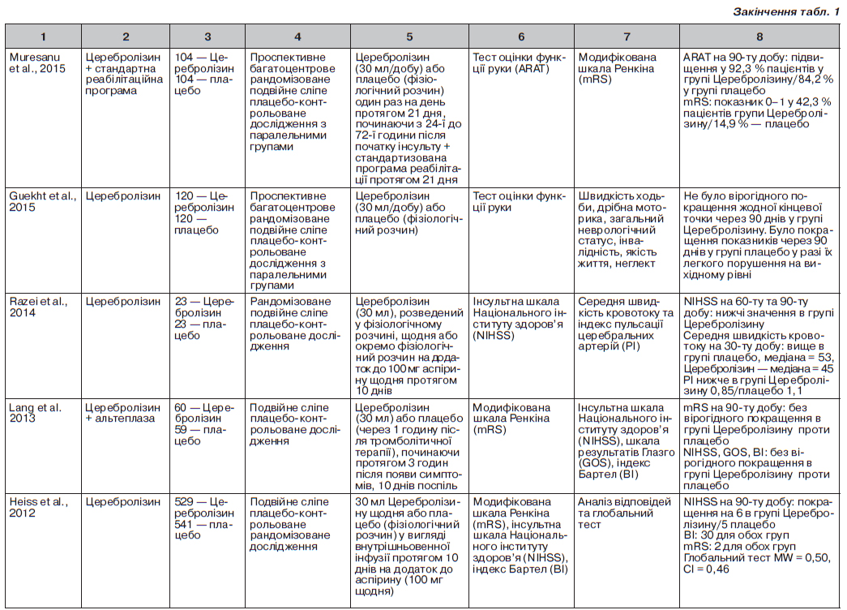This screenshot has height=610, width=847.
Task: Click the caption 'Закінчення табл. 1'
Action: [x=785, y=11]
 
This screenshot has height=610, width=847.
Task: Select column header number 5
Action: [x=409, y=37]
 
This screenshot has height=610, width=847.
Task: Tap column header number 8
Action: [x=759, y=37]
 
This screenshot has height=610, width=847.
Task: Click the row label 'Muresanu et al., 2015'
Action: [x=40, y=62]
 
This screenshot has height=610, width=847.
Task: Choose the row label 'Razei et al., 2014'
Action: [x=39, y=307]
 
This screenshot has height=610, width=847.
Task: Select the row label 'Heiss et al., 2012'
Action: [x=39, y=508]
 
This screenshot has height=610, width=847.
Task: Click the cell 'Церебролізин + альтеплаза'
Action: [x=123, y=413]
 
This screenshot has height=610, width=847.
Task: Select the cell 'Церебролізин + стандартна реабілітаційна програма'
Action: [x=123, y=74]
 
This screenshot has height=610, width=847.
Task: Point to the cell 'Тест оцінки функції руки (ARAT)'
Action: [x=519, y=62]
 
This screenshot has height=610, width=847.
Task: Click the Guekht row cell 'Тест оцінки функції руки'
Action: [x=519, y=201]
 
